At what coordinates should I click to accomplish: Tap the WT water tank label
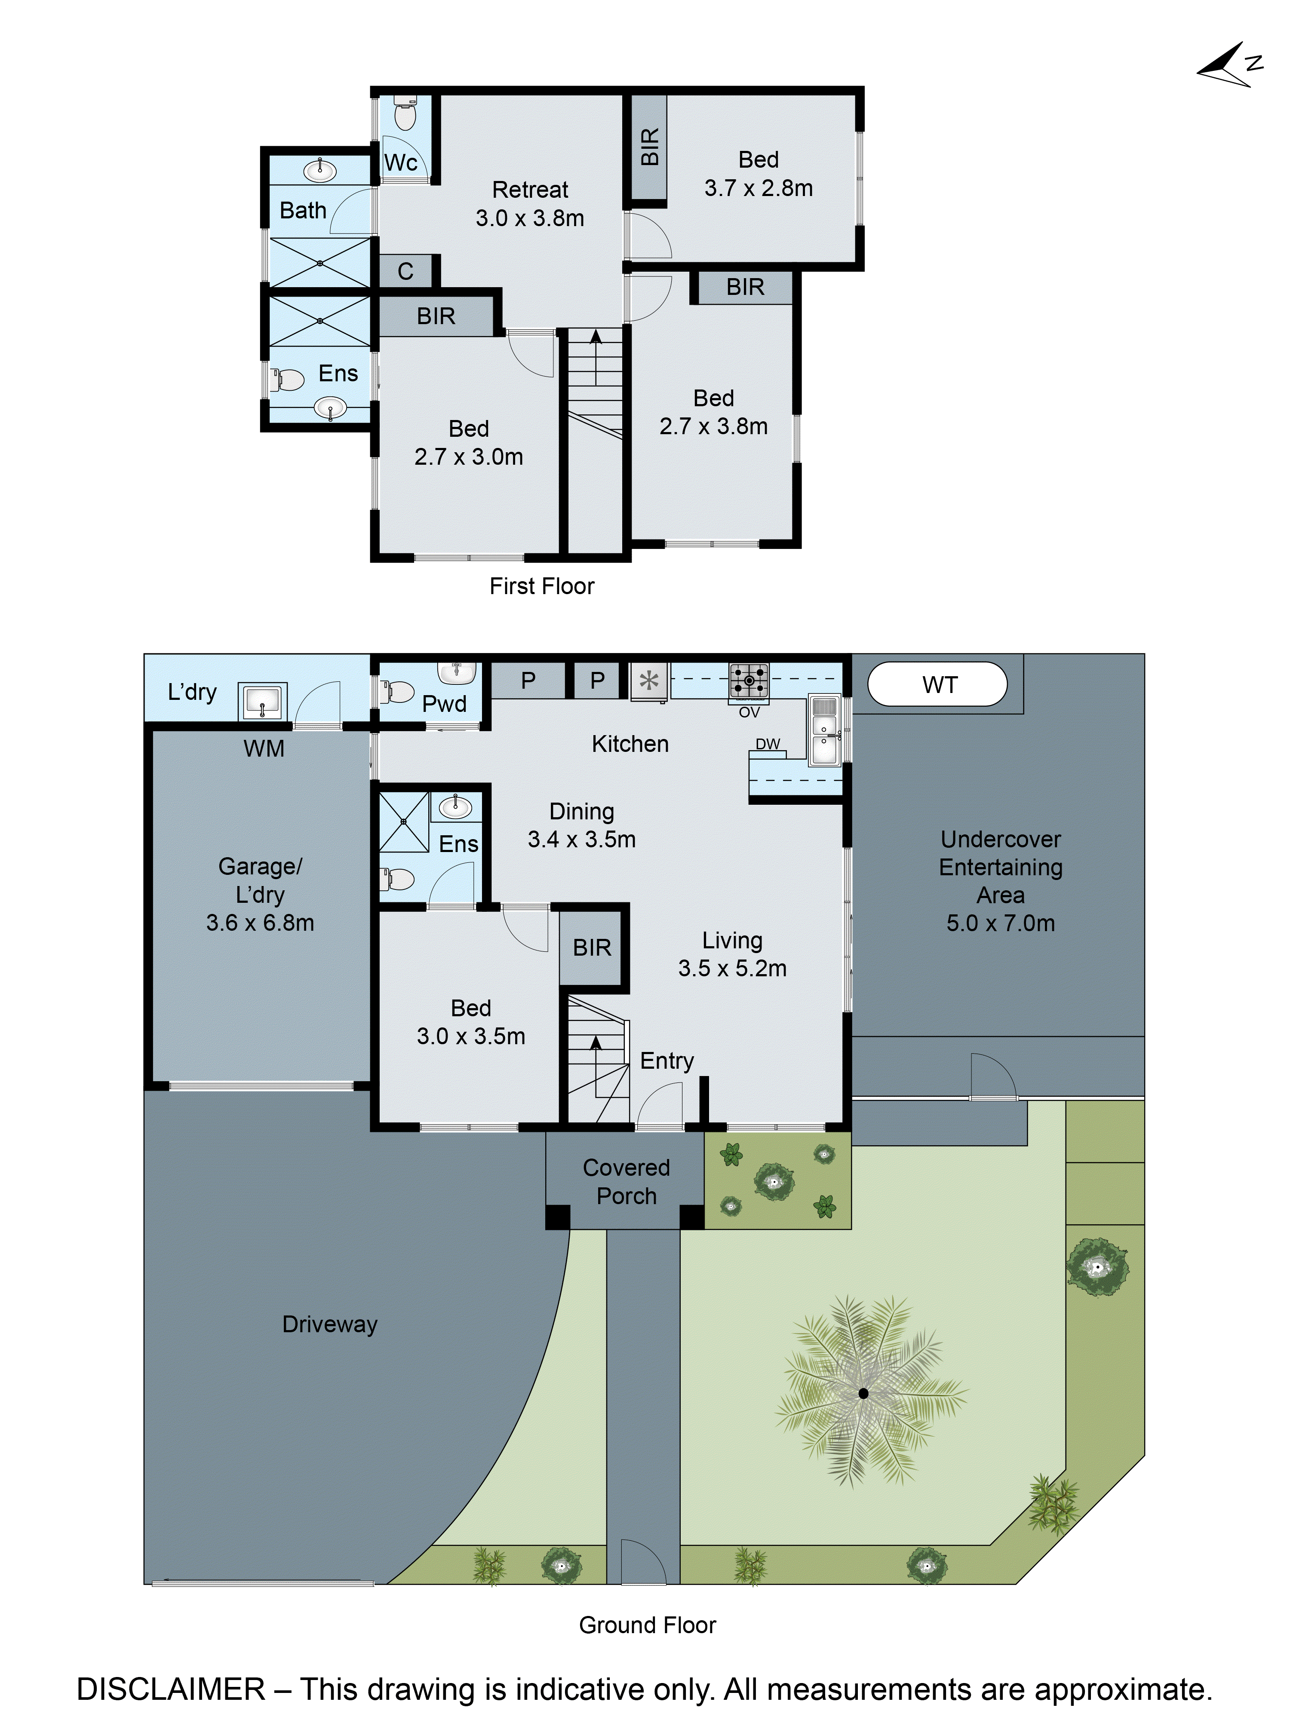coord(939,684)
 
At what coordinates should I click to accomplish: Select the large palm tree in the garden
coord(863,1393)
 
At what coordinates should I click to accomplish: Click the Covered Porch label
coord(626,1181)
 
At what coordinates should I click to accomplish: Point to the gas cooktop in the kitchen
coord(748,681)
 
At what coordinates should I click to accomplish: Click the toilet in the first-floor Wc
coord(404,115)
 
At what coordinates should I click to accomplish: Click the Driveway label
coord(330,1324)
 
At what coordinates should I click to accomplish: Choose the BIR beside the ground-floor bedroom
coord(592,947)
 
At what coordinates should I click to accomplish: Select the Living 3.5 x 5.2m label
coord(732,954)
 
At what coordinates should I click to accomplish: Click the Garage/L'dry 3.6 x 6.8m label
coord(260,894)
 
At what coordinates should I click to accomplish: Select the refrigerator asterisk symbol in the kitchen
coord(648,681)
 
